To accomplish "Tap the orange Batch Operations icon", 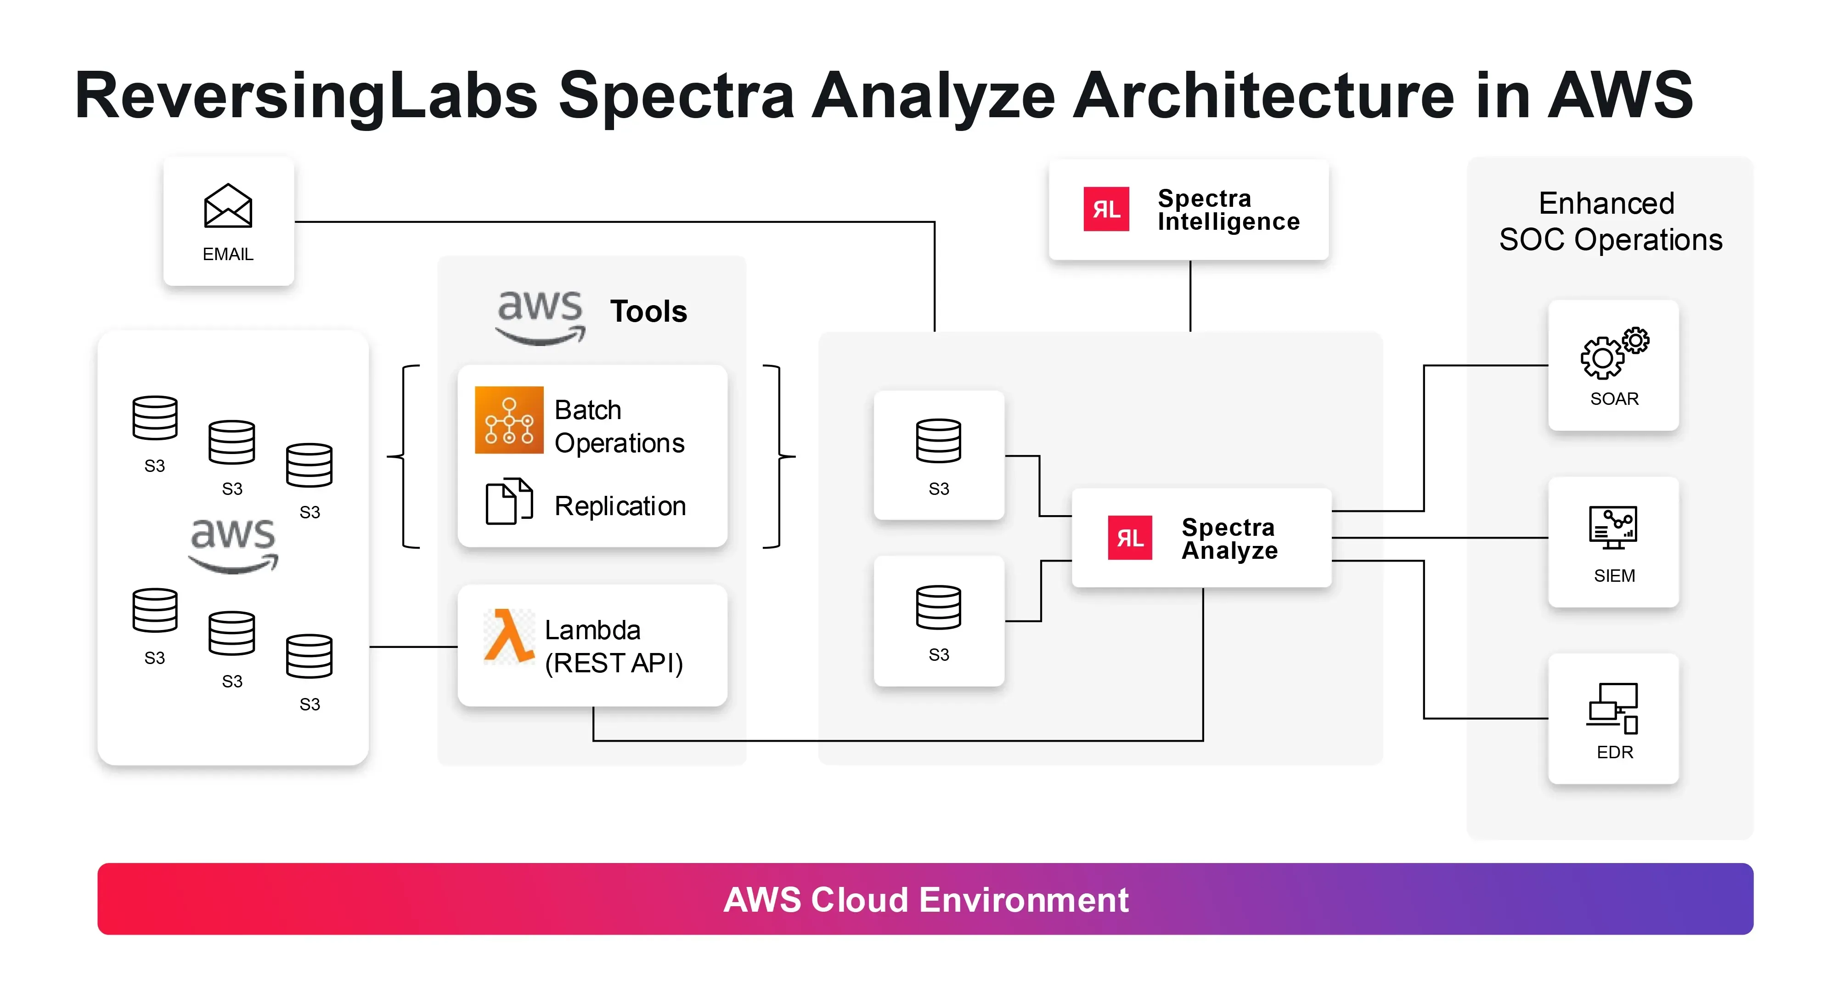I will click(508, 420).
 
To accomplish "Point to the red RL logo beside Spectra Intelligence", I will click(1105, 209).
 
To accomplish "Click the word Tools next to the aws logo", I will click(648, 312).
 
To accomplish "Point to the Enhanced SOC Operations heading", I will click(1610, 221).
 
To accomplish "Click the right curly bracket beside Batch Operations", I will click(779, 457).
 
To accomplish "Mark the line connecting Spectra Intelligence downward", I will click(1190, 296).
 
